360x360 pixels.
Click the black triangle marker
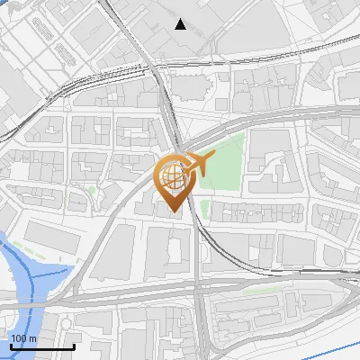[x=181, y=24]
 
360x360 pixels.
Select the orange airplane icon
[x=198, y=164]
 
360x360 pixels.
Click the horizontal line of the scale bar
[x=41, y=346]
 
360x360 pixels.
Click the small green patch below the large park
[x=205, y=210]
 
